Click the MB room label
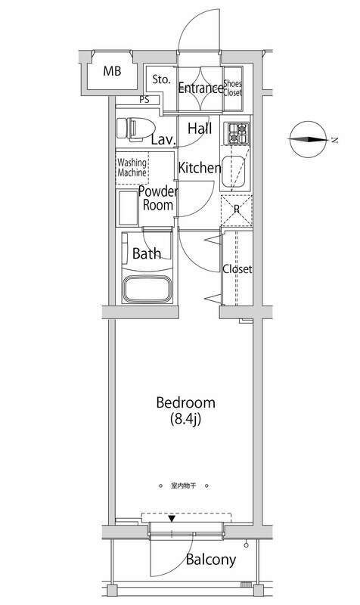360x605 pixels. click(112, 71)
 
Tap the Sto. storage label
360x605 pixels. click(161, 80)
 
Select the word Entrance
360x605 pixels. click(200, 88)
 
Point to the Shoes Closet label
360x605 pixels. click(233, 88)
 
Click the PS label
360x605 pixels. click(144, 100)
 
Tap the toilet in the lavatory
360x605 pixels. click(135, 128)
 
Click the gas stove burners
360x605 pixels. click(237, 133)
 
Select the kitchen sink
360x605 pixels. click(233, 172)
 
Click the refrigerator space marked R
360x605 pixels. click(237, 210)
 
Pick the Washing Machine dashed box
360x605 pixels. click(132, 168)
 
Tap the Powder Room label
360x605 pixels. click(158, 198)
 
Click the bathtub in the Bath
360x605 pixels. click(147, 290)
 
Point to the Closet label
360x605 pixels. click(237, 269)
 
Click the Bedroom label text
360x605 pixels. click(185, 403)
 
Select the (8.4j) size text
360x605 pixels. click(186, 420)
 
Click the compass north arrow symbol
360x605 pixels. click(308, 139)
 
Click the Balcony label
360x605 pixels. click(211, 560)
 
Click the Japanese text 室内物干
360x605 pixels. click(184, 486)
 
